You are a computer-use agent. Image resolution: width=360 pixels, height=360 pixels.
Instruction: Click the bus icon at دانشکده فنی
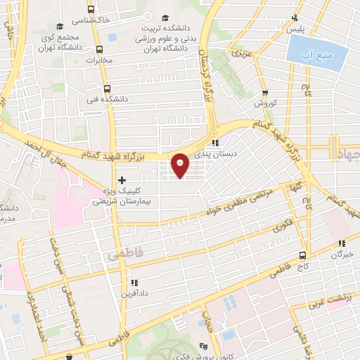pos(107,89)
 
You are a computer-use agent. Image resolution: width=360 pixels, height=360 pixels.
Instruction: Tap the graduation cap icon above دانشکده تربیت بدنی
pos(166,18)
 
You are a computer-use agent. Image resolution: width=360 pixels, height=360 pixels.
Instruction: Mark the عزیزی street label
pos(242,53)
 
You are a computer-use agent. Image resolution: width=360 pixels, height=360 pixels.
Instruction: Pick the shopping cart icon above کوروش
pos(265,92)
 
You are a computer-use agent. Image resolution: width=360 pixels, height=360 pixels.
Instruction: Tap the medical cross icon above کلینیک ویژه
pos(122,180)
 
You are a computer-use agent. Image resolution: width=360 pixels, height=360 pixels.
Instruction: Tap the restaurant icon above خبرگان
pos(344,243)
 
